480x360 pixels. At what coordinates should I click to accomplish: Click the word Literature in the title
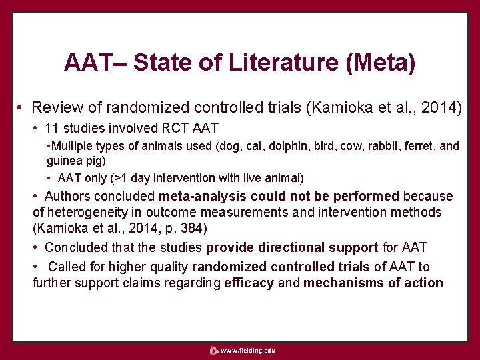284,63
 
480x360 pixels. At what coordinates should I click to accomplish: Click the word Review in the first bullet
54,107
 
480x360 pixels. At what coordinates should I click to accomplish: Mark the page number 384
195,229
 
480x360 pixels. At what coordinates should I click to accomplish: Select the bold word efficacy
249,283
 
